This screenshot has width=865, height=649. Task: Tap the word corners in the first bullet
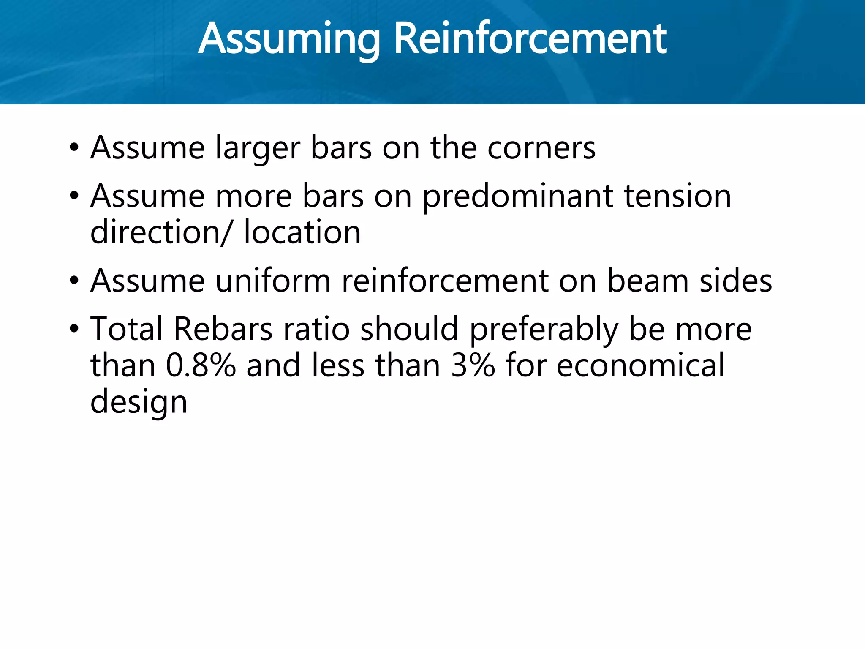click(x=541, y=148)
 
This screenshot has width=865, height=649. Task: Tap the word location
click(x=302, y=232)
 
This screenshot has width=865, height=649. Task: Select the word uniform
click(x=273, y=281)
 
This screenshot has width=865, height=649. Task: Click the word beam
click(x=647, y=281)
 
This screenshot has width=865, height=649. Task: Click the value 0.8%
click(x=201, y=365)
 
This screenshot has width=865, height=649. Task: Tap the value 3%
click(x=473, y=365)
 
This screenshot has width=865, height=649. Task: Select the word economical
click(x=640, y=365)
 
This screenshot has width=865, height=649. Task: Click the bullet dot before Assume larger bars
click(x=74, y=147)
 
